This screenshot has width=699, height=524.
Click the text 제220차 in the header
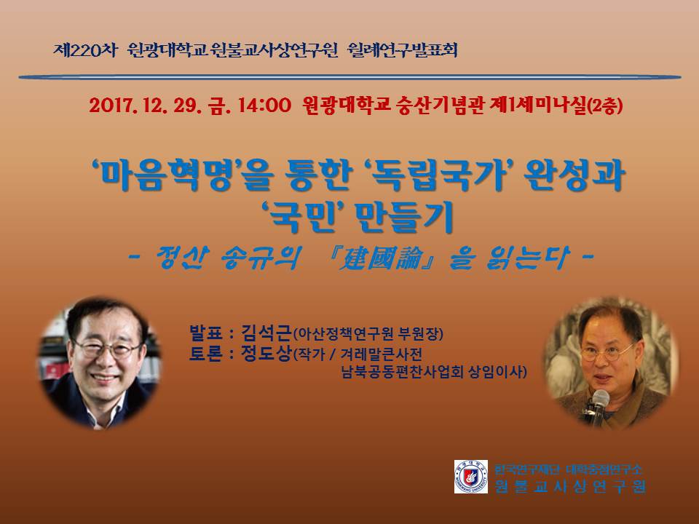point(84,50)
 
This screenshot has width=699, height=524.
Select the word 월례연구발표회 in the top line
point(402,50)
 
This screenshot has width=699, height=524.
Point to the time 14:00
point(264,106)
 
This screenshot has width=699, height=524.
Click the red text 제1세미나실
point(537,106)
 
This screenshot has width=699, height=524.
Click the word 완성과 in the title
point(574,175)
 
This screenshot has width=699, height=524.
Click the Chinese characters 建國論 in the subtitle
point(379,258)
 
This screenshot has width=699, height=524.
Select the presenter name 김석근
point(266,333)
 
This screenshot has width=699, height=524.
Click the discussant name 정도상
point(266,354)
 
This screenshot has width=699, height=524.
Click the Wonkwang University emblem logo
point(471,476)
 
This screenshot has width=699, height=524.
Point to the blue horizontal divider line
point(349,77)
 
